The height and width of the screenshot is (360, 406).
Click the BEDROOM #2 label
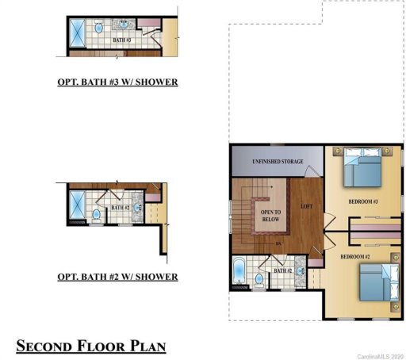point(356,258)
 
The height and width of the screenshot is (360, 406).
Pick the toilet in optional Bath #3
point(99,28)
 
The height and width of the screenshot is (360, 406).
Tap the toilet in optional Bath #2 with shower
point(97,214)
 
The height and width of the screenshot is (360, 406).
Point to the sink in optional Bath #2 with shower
point(136,210)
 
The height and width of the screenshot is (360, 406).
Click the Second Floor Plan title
point(91,346)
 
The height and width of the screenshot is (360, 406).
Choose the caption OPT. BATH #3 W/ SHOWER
point(117,82)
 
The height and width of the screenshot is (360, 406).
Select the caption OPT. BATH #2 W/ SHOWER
point(117,277)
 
